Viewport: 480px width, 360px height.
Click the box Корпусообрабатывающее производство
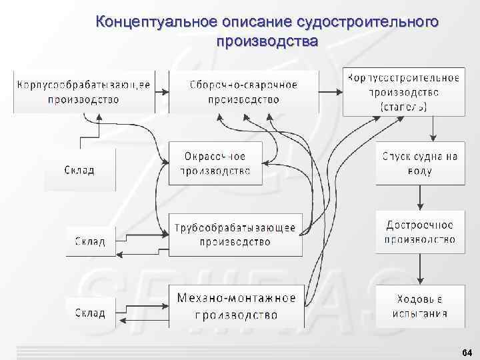coord(83,92)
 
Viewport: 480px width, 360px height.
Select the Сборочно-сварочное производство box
coord(243,92)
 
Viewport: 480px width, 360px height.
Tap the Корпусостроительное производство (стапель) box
coord(403,92)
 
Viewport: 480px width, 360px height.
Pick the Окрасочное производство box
coord(215,163)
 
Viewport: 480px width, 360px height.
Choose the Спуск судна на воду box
coord(420,163)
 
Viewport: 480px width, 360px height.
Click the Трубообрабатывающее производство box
coord(235,235)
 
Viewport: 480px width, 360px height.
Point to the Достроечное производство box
coord(420,232)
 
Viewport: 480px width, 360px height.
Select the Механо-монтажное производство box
coord(237,306)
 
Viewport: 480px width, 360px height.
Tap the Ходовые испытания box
coord(420,306)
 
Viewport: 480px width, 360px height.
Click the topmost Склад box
coord(79,170)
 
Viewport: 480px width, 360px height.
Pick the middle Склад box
coord(89,241)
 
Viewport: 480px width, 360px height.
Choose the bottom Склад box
coord(89,313)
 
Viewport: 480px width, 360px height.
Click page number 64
coord(466,352)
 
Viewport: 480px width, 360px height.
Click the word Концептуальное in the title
coord(155,22)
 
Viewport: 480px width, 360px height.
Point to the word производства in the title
coord(267,41)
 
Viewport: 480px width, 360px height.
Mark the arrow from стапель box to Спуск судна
coord(433,129)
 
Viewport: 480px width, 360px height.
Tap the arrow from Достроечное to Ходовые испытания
coord(420,269)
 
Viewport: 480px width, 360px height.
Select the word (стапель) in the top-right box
coord(404,106)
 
